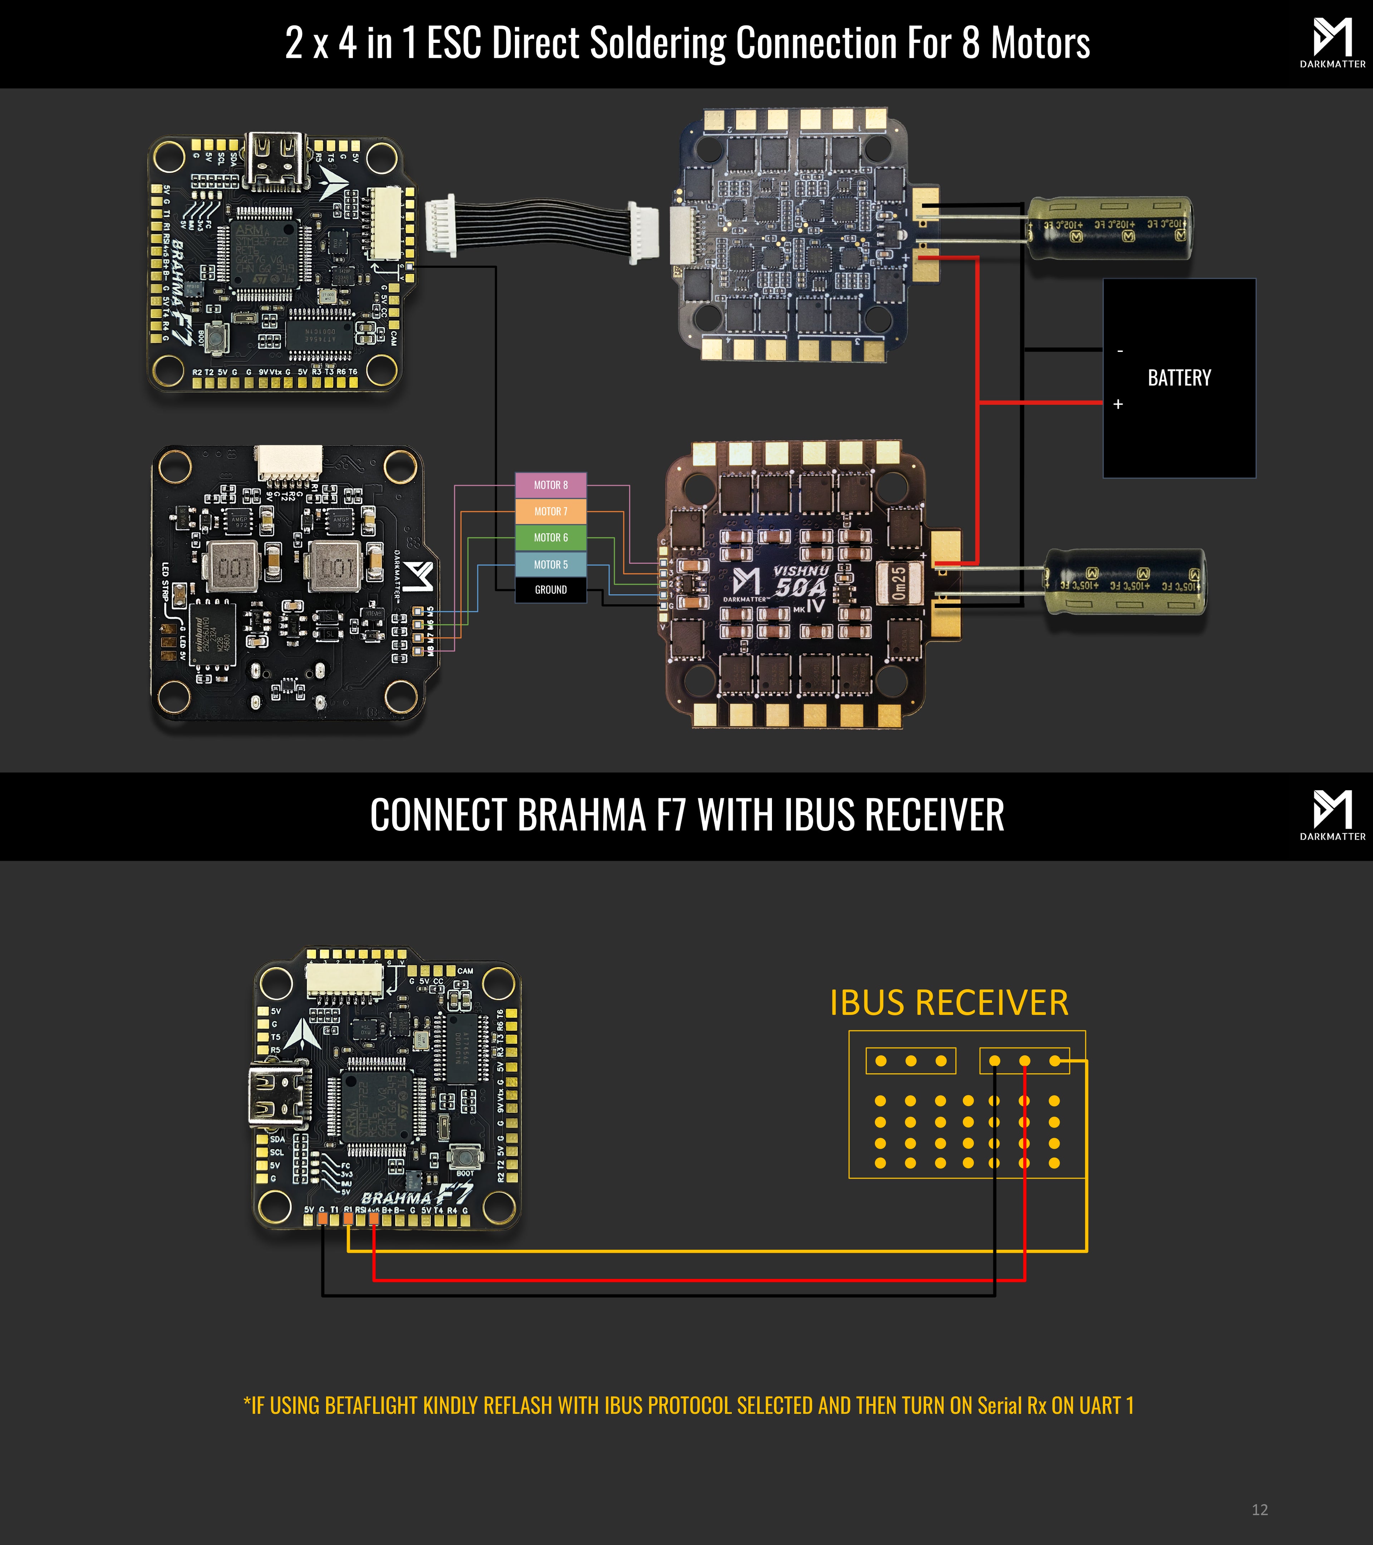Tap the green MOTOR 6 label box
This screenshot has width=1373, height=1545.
(551, 538)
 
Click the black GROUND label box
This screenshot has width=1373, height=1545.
(551, 590)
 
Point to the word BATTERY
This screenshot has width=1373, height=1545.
(1179, 378)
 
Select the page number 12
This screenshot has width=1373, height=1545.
(1260, 1510)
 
